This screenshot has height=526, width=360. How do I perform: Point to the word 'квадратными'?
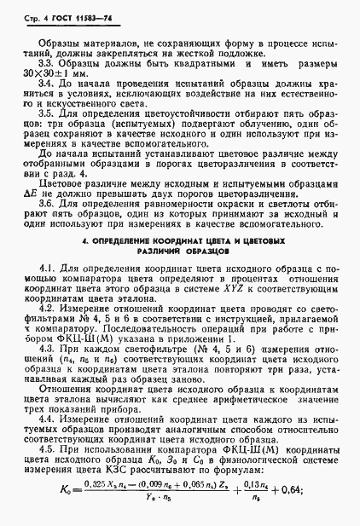click(189, 63)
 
